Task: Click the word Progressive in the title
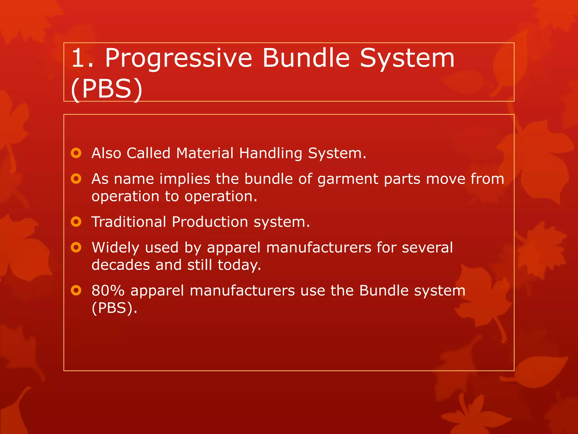click(178, 58)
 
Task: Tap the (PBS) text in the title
click(107, 89)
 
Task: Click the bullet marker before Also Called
click(76, 153)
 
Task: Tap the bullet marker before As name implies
click(76, 179)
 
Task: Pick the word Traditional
click(129, 222)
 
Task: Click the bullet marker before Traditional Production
click(76, 222)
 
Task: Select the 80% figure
click(108, 291)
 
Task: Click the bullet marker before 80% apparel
click(76, 290)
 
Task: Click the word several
click(427, 248)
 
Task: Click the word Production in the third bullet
click(210, 222)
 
